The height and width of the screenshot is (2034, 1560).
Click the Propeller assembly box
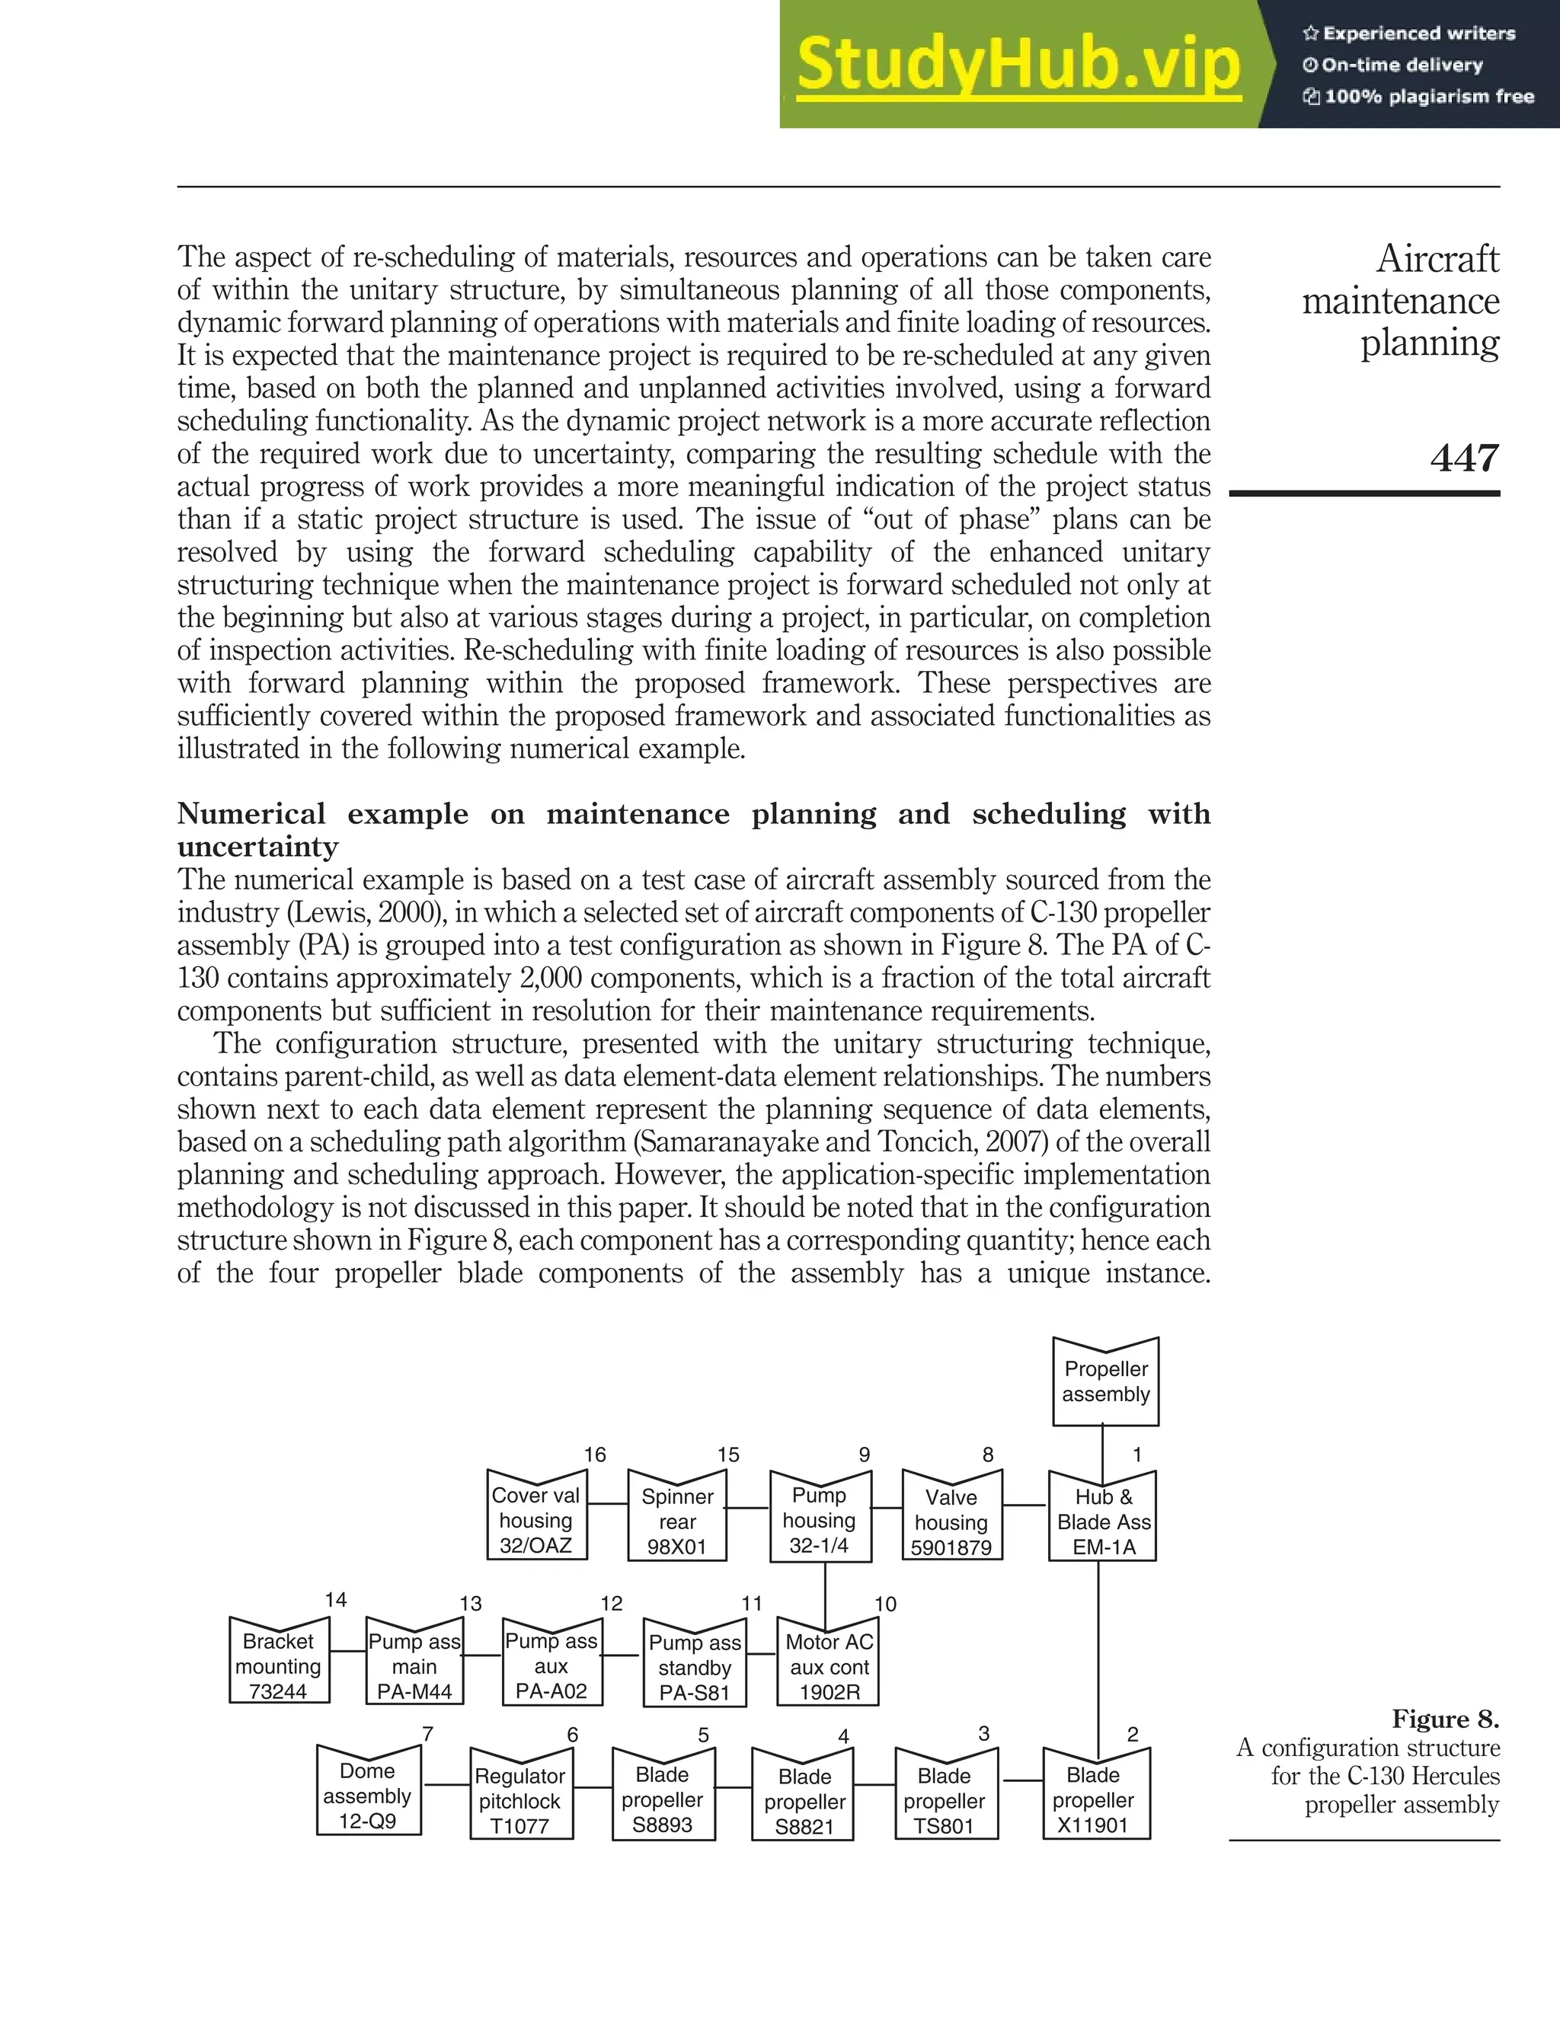click(1105, 1382)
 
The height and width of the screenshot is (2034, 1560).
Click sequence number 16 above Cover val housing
click(594, 1454)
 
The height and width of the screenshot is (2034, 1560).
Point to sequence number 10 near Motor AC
click(885, 1605)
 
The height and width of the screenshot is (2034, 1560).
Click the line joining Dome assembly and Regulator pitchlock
click(446, 1784)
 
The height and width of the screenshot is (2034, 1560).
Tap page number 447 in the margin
click(1463, 458)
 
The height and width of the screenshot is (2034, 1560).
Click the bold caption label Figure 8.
click(1445, 1719)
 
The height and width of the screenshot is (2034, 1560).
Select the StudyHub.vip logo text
click(1018, 64)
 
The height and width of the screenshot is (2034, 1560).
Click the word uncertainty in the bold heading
click(257, 847)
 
